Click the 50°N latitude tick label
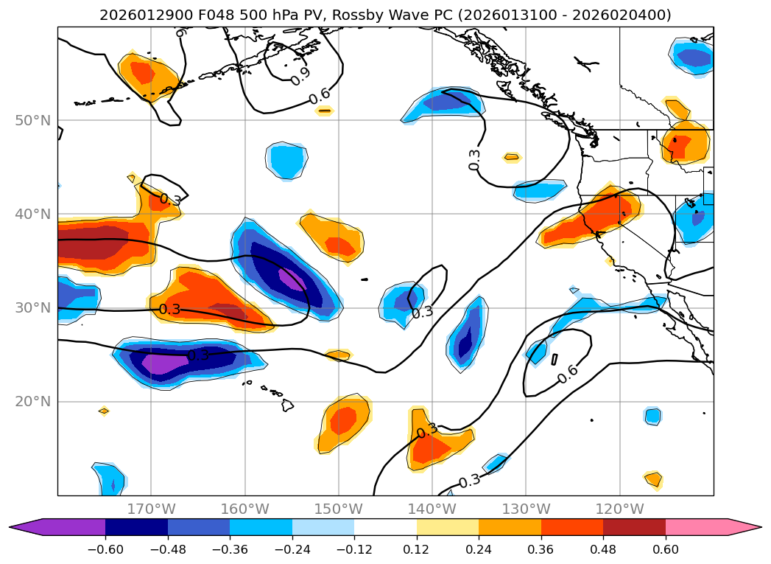point(35,120)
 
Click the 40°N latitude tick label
point(35,214)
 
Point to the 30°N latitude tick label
point(35,307)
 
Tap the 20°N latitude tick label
point(35,401)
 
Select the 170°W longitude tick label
point(151,509)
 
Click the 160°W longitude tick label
point(244,509)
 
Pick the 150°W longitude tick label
point(339,509)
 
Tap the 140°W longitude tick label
point(432,509)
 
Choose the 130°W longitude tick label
point(526,509)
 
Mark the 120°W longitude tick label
point(619,509)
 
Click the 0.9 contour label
point(300,75)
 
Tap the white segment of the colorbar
point(385,526)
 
